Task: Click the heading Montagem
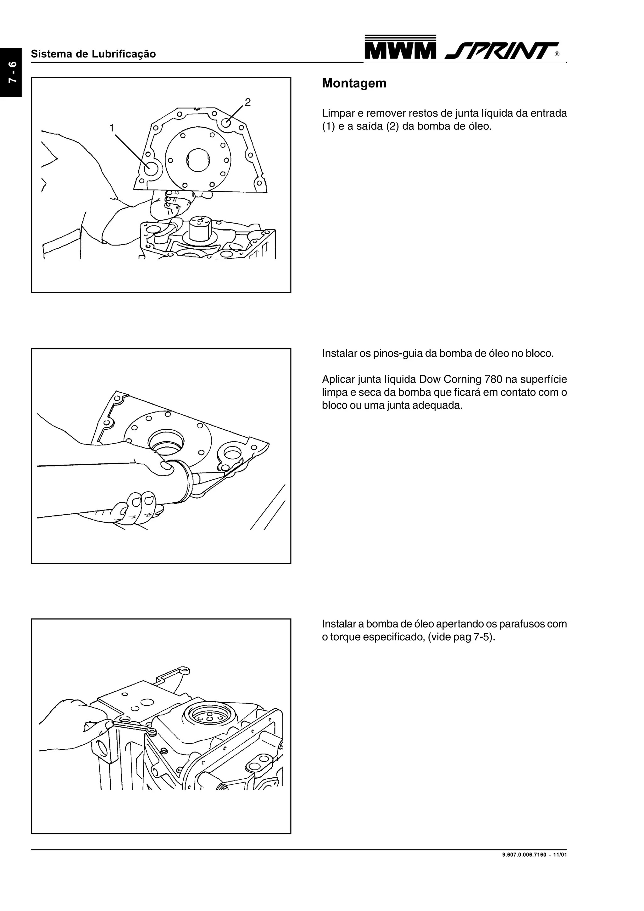pos(354,83)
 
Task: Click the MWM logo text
pos(400,50)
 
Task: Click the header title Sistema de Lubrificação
pos(93,54)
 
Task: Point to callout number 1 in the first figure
pos(112,128)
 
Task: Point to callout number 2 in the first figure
pos(247,102)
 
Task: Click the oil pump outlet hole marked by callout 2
pos(226,123)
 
